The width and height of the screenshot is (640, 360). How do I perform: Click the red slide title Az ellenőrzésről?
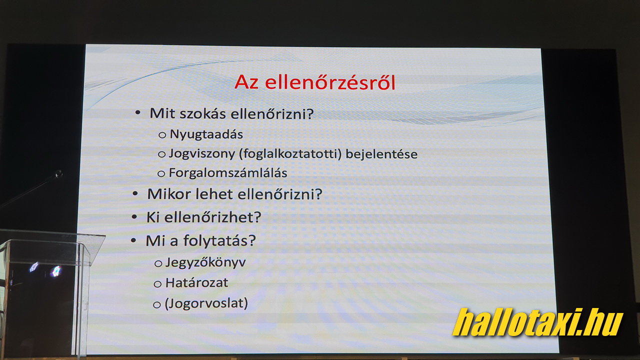click(315, 82)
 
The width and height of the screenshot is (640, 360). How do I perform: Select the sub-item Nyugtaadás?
click(206, 134)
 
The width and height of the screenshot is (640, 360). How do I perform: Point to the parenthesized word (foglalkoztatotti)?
click(290, 154)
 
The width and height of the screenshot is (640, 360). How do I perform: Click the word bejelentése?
click(381, 154)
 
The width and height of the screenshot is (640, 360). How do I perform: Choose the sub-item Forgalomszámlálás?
click(228, 173)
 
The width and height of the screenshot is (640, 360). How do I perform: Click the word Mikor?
click(169, 194)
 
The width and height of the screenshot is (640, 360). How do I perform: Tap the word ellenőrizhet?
click(212, 217)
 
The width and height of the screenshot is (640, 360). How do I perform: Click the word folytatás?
click(219, 241)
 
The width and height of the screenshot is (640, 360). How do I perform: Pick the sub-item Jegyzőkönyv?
click(205, 262)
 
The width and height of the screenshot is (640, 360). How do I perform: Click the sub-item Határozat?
click(196, 283)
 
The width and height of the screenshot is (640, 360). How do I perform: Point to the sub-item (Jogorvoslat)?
click(206, 303)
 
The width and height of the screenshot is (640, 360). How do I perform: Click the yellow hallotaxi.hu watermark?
click(537, 322)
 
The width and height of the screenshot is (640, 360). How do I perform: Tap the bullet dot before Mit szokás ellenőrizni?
click(137, 112)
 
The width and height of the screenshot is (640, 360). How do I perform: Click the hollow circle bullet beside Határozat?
click(157, 284)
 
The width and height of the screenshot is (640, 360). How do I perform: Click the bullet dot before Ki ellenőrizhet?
click(134, 217)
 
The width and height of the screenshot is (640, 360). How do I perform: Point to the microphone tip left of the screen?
click(59, 173)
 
